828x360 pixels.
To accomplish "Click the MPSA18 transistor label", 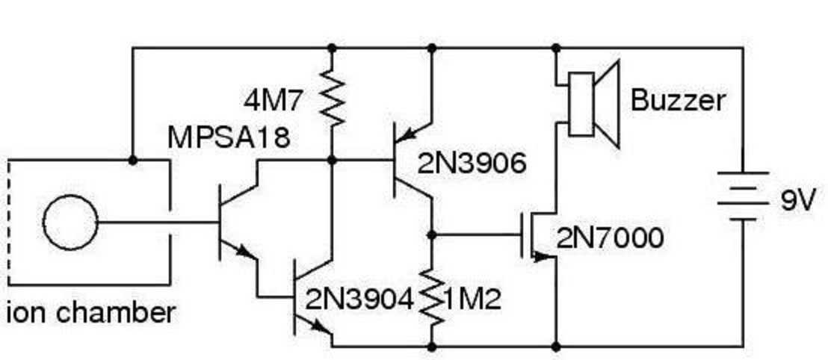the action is [x=229, y=137].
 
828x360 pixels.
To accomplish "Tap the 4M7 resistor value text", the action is [x=274, y=102].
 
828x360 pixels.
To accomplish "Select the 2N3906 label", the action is [x=472, y=164].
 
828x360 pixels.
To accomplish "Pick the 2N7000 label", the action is [x=610, y=238].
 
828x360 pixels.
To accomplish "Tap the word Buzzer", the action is [x=679, y=100].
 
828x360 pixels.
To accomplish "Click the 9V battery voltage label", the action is [x=798, y=201].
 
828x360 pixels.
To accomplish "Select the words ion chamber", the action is [x=90, y=313].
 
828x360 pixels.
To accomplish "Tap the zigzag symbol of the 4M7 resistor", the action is [x=332, y=98].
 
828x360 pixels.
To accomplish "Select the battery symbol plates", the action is [x=743, y=196].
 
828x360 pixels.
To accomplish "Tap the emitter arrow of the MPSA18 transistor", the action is [x=244, y=251].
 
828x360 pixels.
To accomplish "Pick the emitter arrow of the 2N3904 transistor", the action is [x=320, y=326].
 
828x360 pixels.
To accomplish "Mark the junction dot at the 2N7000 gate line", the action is [x=432, y=234].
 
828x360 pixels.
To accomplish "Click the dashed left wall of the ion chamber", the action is [x=9, y=223].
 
